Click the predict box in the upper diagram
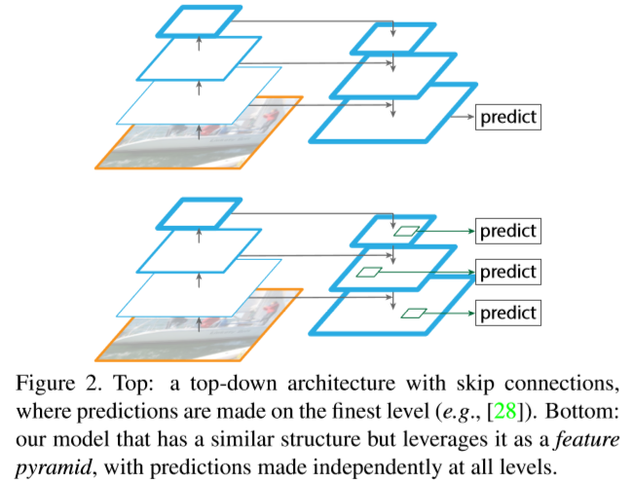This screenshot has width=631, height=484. (x=508, y=117)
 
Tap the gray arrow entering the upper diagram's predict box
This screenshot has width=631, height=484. (x=463, y=117)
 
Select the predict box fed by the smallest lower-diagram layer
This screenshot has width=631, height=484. (x=508, y=231)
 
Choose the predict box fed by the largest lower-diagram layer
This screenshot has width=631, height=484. (x=508, y=313)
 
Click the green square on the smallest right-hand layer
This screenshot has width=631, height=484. (x=406, y=231)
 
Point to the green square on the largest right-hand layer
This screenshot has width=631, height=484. (x=414, y=313)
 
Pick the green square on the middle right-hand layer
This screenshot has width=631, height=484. (x=369, y=272)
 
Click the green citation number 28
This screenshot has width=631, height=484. (x=505, y=411)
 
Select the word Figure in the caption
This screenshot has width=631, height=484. (x=45, y=385)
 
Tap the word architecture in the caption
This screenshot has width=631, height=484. (x=341, y=384)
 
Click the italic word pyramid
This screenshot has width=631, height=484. (x=54, y=467)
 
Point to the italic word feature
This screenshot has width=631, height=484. (x=587, y=439)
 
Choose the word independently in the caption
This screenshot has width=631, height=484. (x=417, y=467)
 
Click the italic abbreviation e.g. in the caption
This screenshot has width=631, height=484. (x=460, y=412)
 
